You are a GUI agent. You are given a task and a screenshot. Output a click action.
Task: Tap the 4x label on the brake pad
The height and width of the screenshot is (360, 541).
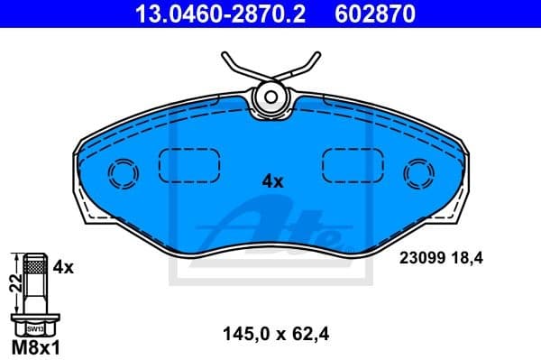click(x=272, y=180)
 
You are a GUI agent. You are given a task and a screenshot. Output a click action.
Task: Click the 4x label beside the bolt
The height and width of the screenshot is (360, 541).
click(x=62, y=267)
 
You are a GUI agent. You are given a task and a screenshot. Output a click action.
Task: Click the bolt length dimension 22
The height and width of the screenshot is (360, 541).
click(x=13, y=282)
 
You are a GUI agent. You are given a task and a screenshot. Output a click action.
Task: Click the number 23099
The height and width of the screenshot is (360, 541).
click(x=420, y=257)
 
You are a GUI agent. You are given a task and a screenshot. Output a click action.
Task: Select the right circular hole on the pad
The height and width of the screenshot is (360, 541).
click(x=417, y=171)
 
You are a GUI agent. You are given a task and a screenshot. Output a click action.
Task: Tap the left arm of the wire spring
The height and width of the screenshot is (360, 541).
click(x=236, y=67)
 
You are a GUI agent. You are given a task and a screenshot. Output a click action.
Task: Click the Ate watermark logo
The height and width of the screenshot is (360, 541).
click(x=280, y=226)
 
